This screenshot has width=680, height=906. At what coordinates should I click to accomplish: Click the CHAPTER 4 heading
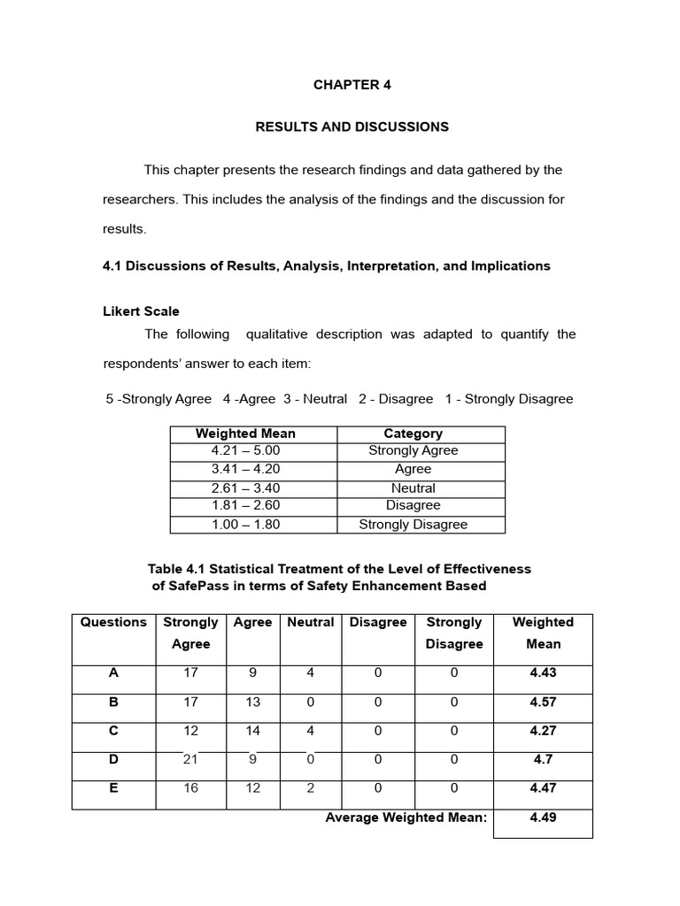tap(352, 85)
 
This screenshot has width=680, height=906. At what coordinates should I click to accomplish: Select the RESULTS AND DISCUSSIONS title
tap(352, 127)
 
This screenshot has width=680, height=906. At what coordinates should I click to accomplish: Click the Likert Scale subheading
tap(141, 311)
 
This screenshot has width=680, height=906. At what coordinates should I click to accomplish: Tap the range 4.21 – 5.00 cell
tap(245, 450)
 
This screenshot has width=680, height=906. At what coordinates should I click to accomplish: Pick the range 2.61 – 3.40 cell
tap(245, 488)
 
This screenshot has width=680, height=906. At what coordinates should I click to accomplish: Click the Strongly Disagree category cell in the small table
tap(413, 524)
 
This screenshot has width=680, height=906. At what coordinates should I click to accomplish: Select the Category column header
tap(413, 434)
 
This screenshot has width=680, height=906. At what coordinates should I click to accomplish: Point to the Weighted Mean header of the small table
tap(245, 434)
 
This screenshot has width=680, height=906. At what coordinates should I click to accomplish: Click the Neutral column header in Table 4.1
tap(311, 622)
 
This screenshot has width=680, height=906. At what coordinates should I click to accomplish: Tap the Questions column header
tap(113, 622)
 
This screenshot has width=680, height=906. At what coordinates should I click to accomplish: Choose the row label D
tap(113, 759)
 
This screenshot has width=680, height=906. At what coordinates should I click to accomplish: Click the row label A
tap(113, 672)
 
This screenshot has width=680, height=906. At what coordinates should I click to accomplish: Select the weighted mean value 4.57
tap(543, 702)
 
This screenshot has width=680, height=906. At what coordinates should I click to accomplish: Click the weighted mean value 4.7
tap(543, 759)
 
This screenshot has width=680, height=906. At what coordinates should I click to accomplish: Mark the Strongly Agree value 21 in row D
tap(191, 759)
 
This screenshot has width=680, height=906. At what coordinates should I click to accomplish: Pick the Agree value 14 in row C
tap(253, 731)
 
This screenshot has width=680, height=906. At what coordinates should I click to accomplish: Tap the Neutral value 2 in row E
tap(311, 787)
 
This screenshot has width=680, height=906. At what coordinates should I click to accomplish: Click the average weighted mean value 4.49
tap(543, 818)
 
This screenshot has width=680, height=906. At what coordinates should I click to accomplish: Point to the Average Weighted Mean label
tap(406, 818)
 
